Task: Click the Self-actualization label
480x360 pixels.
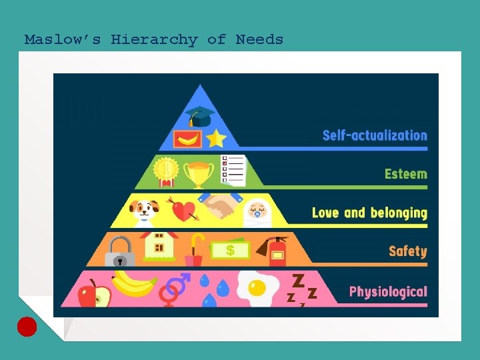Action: click(x=375, y=135)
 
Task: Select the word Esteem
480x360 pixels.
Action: click(x=406, y=174)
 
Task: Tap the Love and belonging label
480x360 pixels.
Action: click(x=369, y=213)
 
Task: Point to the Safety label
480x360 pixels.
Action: click(x=408, y=251)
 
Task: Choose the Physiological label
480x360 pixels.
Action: click(x=388, y=291)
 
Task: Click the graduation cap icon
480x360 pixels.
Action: click(x=199, y=116)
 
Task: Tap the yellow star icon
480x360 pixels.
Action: click(x=216, y=138)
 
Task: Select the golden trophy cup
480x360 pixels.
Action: click(x=198, y=173)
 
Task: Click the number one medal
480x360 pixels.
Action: click(x=167, y=171)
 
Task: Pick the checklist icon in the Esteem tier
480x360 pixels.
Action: click(x=233, y=171)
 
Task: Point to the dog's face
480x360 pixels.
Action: click(x=145, y=210)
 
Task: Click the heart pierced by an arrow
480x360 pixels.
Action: click(x=183, y=211)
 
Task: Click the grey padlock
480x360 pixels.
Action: click(x=120, y=252)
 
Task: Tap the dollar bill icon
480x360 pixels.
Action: click(x=230, y=250)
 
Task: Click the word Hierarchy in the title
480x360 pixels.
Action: click(x=154, y=39)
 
